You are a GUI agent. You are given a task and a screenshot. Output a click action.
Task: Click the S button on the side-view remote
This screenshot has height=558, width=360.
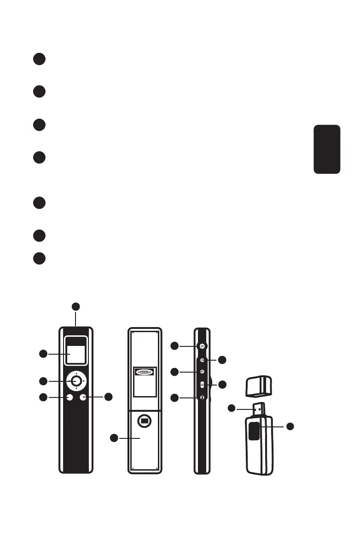tap(202, 346)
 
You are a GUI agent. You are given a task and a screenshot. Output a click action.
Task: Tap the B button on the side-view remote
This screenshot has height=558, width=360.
tap(202, 385)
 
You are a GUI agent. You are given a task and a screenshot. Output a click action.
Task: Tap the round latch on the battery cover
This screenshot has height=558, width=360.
tap(145, 420)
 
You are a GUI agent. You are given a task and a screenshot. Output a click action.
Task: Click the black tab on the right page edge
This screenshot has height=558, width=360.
tap(327, 149)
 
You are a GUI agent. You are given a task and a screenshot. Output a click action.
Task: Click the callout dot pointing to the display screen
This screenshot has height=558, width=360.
tap(42, 354)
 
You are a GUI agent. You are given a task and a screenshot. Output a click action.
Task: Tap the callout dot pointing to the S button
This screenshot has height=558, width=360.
tap(174, 345)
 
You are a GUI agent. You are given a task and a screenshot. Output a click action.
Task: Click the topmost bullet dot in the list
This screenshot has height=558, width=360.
tap(39, 59)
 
